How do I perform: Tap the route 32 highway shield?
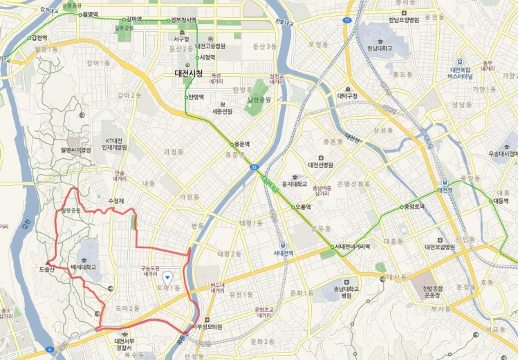pyautogui.click(x=255, y=167)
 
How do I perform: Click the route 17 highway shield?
pyautogui.click(x=346, y=19)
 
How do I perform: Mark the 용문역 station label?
pyautogui.click(x=241, y=144)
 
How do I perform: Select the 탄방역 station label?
pyautogui.click(x=196, y=97)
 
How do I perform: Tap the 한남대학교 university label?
pyautogui.click(x=380, y=48)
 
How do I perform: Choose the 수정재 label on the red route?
pyautogui.click(x=115, y=200)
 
